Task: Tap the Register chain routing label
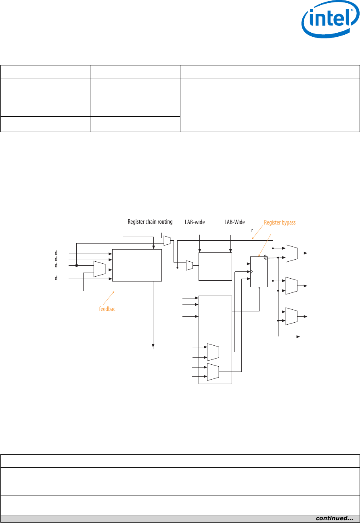pos(150,222)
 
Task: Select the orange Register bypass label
pos(280,223)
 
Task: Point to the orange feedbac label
pos(107,309)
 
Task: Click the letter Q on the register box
pos(265,257)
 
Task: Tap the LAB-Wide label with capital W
pos(234,222)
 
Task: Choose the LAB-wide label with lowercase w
pos(195,222)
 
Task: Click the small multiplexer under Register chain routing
pos(167,241)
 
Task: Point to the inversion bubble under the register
pos(259,288)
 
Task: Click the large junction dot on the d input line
pos(77,265)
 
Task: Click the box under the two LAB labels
pos(215,266)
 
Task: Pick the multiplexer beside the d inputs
pos(99,269)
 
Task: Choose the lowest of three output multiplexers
pos(291,316)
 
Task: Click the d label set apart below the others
pos(56,279)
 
